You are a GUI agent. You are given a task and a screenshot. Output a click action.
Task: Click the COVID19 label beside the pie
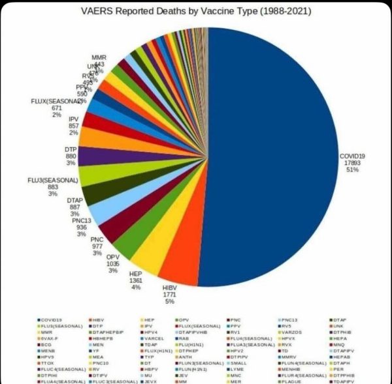(x=352, y=156)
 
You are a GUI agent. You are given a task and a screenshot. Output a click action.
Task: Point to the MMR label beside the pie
(x=99, y=57)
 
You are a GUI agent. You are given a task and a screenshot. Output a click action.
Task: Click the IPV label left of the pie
(x=73, y=119)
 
